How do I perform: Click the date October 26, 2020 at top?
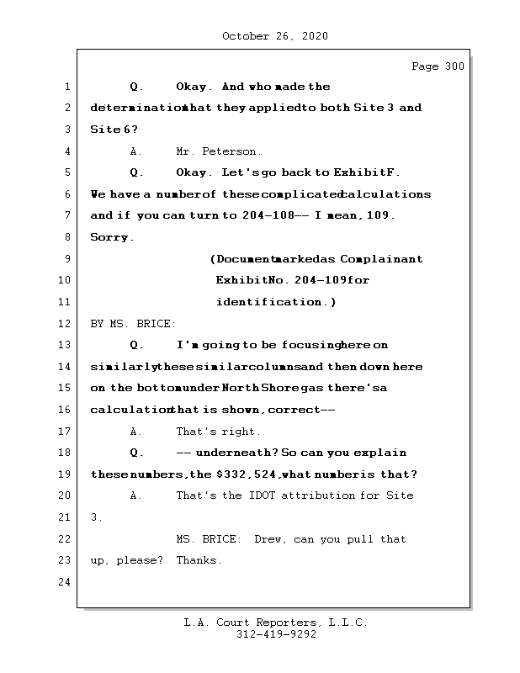point(274,36)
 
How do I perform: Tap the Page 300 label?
point(437,66)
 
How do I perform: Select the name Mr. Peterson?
point(218,151)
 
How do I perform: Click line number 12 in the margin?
point(65,324)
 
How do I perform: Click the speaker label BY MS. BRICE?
point(133,324)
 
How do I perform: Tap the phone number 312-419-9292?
point(276,634)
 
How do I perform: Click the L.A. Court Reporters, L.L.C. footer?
point(275,623)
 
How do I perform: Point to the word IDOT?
point(262,495)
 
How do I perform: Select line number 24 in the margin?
point(65,582)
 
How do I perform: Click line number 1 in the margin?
point(66,87)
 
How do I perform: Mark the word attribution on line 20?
point(323,495)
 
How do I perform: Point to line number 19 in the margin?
point(65,474)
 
